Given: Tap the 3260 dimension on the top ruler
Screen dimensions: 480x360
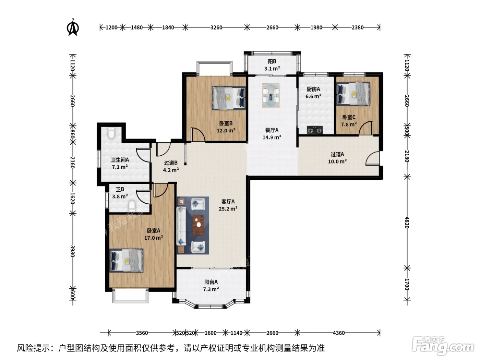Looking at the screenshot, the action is (x=216, y=27).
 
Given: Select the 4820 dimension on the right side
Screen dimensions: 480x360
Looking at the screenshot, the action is (x=407, y=223).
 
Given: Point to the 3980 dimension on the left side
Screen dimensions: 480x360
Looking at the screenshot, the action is (x=73, y=251).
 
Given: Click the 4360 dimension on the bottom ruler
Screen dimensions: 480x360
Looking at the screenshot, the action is (x=338, y=333).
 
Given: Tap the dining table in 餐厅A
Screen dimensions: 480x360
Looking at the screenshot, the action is (x=271, y=95).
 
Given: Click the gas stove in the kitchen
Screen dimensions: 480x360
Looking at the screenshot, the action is (x=315, y=130).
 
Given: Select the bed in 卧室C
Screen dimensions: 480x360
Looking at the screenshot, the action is (x=353, y=94).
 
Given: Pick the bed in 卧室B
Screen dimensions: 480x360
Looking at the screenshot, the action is (x=229, y=98).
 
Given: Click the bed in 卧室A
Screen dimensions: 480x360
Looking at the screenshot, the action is (x=127, y=261).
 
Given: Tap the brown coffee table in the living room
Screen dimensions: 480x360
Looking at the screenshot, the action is (x=198, y=225).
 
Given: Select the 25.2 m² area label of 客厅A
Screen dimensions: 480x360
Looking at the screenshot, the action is (x=228, y=209).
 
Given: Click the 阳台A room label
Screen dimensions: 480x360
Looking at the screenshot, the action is (x=211, y=282).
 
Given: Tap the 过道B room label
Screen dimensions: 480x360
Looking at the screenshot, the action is (x=171, y=163).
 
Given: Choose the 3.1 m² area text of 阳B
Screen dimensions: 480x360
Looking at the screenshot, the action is (x=272, y=69).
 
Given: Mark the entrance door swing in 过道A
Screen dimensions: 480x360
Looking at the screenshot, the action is (x=373, y=158).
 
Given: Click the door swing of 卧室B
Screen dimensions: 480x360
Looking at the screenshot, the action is (x=198, y=135).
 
